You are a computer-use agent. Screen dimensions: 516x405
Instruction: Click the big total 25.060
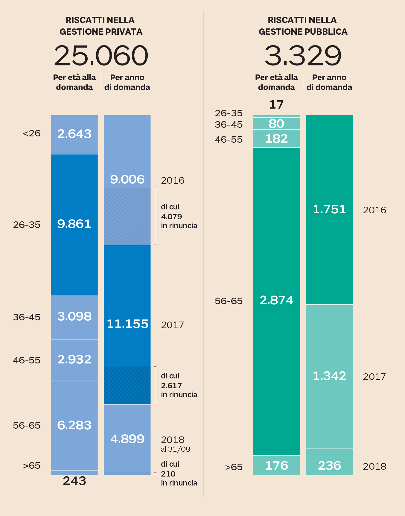coord(101,56)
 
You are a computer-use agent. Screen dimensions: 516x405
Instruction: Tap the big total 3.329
coord(303,56)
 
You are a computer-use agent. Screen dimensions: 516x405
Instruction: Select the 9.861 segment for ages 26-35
coord(74,224)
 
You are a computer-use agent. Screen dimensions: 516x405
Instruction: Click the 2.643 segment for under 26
coord(74,134)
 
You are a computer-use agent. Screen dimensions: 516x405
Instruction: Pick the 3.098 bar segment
coord(74,316)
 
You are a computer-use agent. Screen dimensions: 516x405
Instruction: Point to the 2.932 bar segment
coord(74,359)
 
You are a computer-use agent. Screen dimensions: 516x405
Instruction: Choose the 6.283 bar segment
coord(74,425)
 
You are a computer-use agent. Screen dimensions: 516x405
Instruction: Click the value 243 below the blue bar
coord(74,481)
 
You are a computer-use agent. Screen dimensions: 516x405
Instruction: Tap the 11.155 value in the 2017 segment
coord(127,324)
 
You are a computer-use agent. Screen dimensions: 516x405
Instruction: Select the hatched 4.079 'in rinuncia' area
coord(127,216)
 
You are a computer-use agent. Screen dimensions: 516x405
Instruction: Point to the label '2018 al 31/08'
coord(175,444)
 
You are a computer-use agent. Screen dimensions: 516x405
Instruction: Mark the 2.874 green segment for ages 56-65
coord(276,300)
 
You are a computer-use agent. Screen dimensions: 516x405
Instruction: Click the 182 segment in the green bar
coord(276,139)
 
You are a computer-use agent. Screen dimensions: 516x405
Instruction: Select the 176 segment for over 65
coord(276,465)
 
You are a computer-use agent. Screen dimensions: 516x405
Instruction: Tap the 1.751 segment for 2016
coord(329,209)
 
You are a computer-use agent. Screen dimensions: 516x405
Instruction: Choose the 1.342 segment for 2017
coord(329,376)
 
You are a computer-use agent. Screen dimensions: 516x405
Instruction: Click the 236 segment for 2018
coord(329,465)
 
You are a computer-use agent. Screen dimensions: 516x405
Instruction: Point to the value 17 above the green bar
coord(276,105)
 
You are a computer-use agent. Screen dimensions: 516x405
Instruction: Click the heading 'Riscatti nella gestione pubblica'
coord(303,26)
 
